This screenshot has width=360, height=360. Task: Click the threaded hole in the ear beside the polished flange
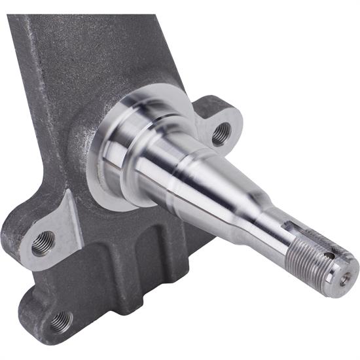[x=221, y=132]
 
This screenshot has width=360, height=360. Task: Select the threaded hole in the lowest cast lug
[x=60, y=321]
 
